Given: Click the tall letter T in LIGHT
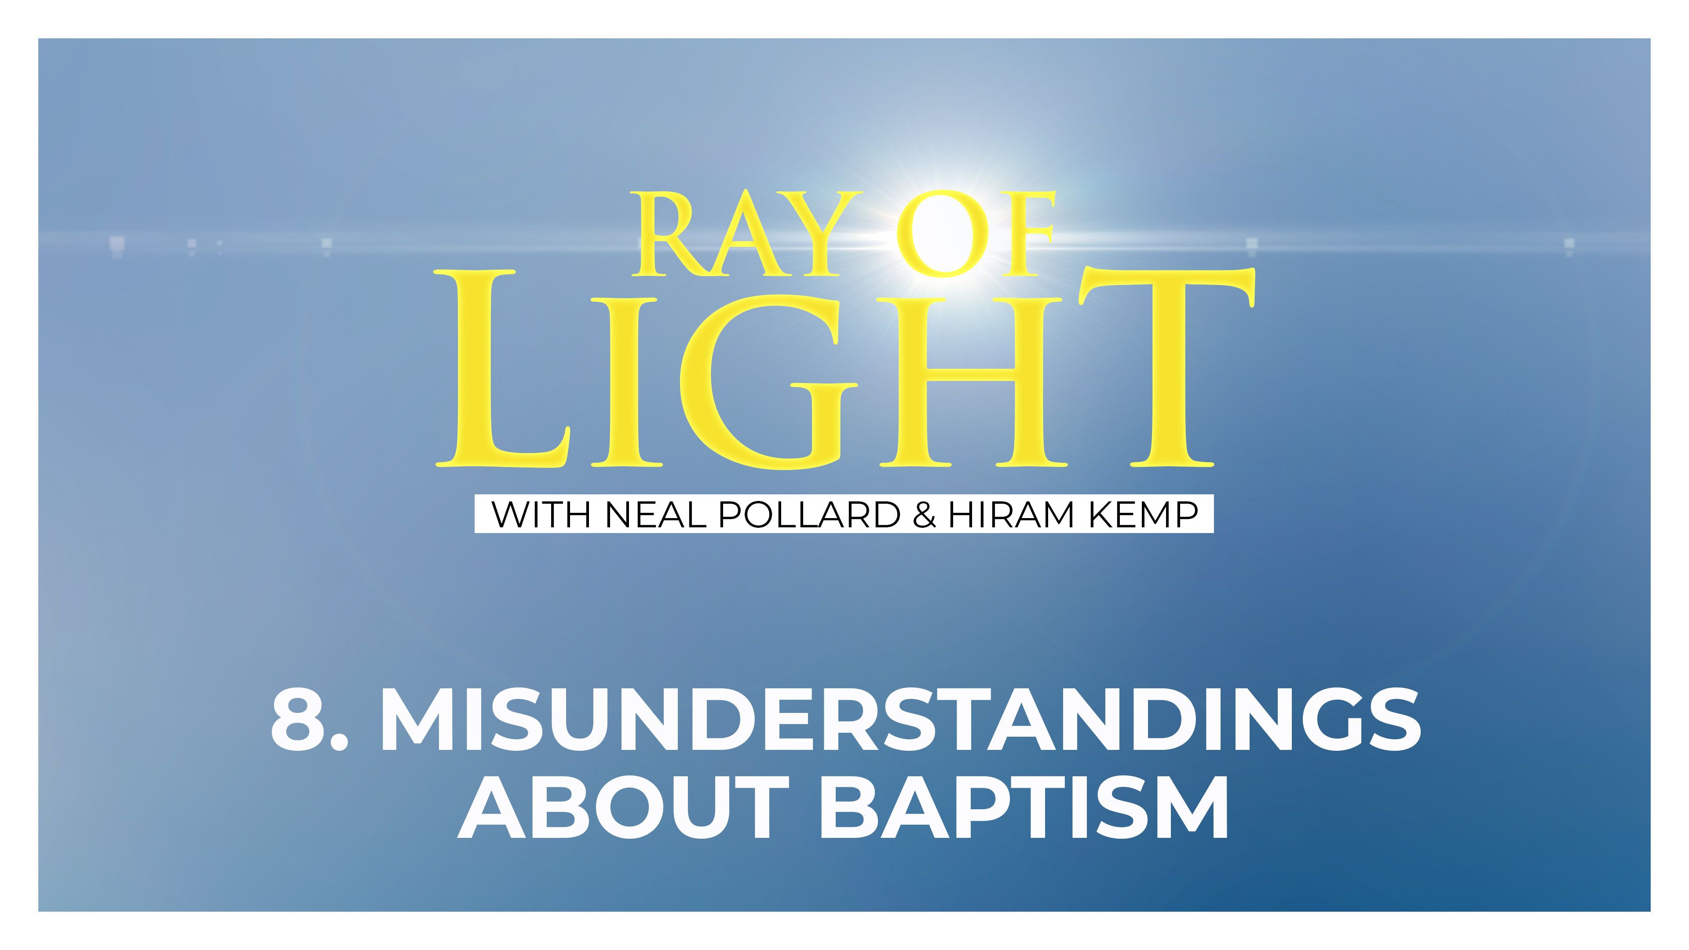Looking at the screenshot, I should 1170,367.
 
